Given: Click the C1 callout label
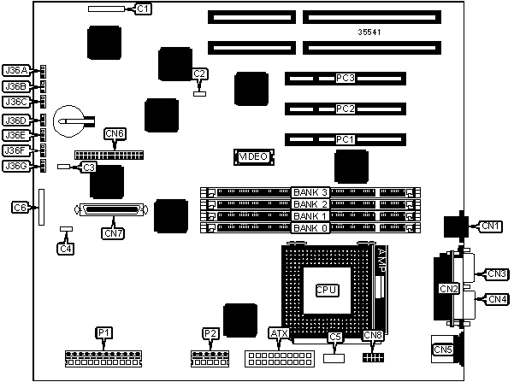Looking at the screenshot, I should (143, 9).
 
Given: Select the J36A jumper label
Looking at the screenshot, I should (15, 70).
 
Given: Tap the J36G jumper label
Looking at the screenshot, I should (15, 166).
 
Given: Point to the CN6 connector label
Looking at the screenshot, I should (115, 133).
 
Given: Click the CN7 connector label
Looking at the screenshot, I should (113, 232).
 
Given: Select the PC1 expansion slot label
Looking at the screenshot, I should (345, 138).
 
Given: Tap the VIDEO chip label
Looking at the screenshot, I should (253, 157).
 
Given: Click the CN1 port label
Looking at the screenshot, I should (489, 226).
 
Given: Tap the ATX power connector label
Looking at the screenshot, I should (280, 332).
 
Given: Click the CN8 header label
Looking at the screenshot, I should (373, 336).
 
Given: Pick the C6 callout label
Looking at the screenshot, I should (21, 207).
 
